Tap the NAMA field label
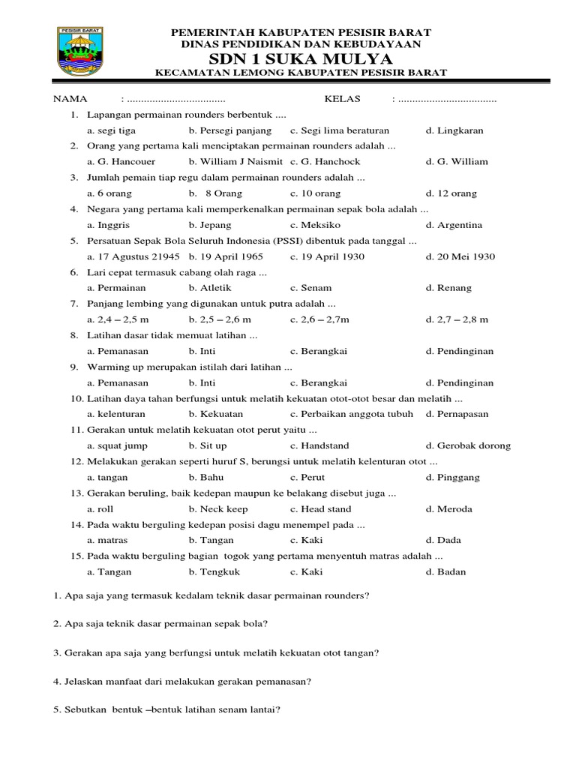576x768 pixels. point(70,98)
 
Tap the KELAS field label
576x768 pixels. point(342,98)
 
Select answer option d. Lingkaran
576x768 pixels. point(454,130)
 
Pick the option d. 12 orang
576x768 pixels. point(451,193)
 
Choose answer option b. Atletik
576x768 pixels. point(210,288)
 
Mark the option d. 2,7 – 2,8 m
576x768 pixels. point(457,319)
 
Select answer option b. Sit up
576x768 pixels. point(208,445)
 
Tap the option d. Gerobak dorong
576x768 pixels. point(468,445)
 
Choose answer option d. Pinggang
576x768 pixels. point(453,477)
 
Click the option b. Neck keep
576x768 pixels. point(218,509)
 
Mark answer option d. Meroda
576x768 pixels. point(449,509)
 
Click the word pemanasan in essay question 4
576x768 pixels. point(285,682)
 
